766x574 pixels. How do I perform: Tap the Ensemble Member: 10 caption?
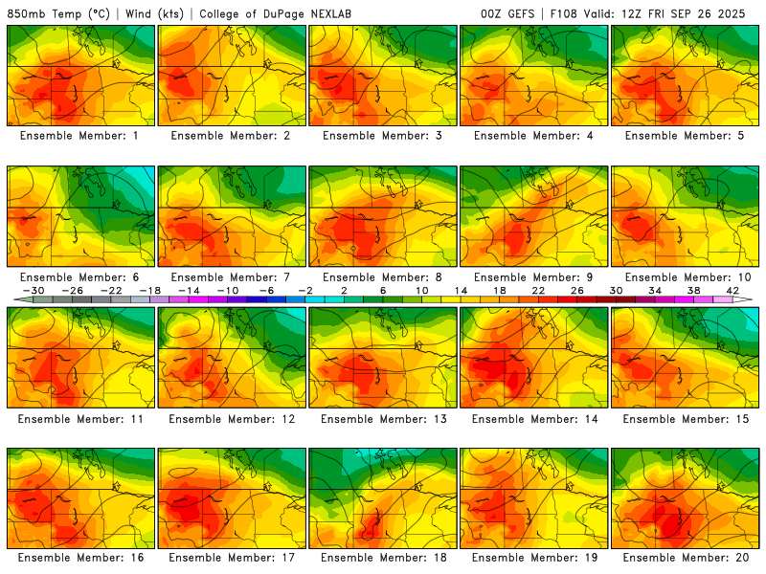[685, 277]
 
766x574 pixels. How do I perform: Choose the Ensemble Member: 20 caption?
[685, 558]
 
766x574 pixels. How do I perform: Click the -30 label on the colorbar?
[34, 290]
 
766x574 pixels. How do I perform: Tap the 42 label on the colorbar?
[732, 290]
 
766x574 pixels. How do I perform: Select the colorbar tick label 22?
[538, 290]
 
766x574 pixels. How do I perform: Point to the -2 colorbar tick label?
[305, 290]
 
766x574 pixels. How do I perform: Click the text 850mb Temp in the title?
[44, 14]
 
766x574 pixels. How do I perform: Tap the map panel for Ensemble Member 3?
[382, 76]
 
